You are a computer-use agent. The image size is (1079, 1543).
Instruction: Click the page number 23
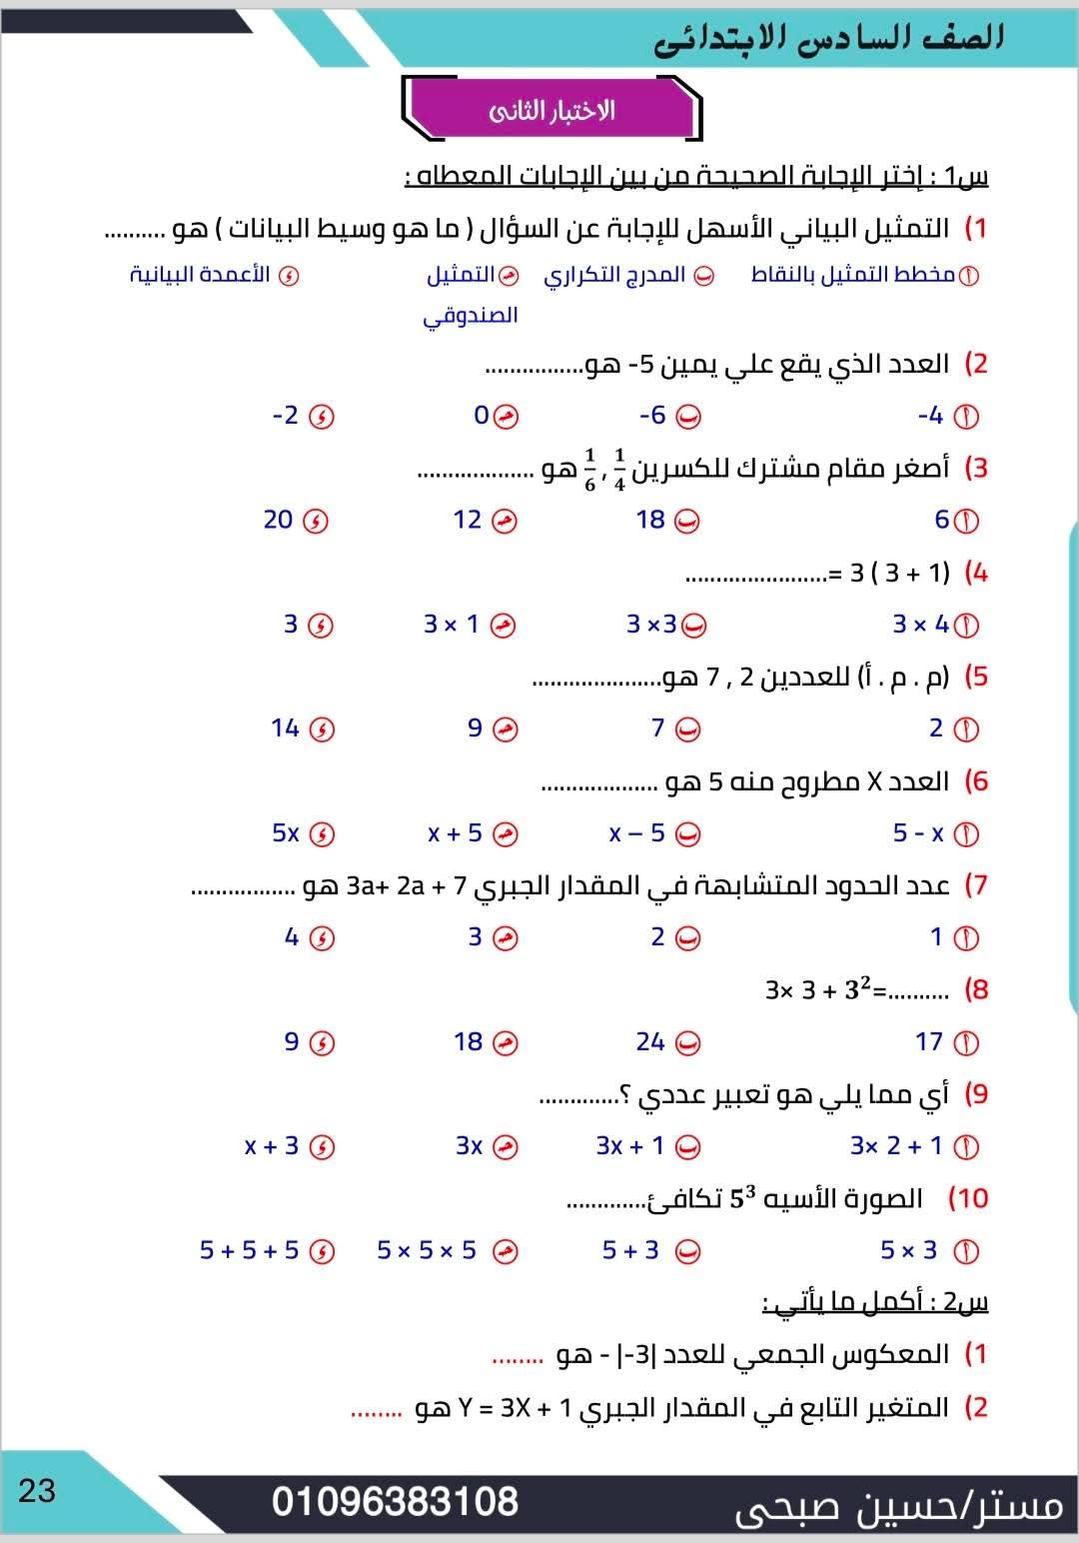(x=37, y=1490)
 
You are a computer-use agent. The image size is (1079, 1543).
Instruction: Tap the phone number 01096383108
(x=395, y=1501)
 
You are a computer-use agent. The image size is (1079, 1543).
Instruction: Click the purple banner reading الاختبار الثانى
(x=551, y=110)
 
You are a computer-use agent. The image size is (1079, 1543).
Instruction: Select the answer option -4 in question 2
(x=930, y=416)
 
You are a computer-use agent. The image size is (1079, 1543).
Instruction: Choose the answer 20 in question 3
(x=279, y=520)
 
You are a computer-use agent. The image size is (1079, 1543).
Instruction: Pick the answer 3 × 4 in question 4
(x=920, y=625)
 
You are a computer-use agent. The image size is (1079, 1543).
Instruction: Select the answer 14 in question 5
(x=286, y=729)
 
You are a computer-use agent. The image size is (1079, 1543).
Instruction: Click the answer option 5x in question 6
(x=286, y=833)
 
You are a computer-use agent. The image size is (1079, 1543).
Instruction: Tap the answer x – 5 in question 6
(x=637, y=833)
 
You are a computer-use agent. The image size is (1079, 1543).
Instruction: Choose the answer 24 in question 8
(x=650, y=1042)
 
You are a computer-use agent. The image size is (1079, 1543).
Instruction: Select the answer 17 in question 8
(x=929, y=1042)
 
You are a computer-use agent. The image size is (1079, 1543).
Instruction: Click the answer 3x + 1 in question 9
(x=630, y=1146)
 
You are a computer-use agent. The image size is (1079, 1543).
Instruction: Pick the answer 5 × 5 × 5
(x=427, y=1250)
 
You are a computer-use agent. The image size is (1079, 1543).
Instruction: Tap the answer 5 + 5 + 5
(x=250, y=1250)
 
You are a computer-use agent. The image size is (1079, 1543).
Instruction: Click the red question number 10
(x=968, y=1198)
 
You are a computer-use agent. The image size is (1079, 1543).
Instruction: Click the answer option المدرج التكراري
(x=614, y=275)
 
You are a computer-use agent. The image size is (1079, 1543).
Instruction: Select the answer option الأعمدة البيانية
(x=200, y=275)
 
